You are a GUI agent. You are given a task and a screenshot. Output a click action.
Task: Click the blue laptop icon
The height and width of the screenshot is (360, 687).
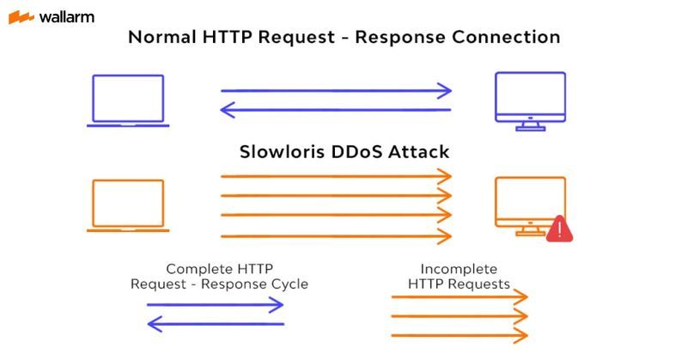[128, 101]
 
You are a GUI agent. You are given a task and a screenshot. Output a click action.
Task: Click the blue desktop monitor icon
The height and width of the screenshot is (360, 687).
[530, 100]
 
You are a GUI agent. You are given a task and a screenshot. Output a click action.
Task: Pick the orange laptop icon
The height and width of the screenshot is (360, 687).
[128, 205]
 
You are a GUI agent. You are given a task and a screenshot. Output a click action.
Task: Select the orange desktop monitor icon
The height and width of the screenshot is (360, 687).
[529, 204]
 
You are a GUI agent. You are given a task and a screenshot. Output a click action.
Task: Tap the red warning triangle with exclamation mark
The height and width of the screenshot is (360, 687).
[559, 229]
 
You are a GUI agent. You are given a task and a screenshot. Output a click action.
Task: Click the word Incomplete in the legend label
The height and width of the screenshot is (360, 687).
[459, 269]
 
